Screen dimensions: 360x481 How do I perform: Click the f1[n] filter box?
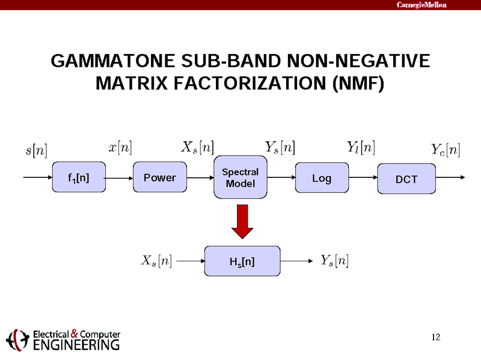pos(79,177)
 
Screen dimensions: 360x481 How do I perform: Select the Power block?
pos(159,177)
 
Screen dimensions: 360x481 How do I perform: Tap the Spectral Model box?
pos(240,178)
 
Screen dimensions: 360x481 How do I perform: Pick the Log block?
pos(322,178)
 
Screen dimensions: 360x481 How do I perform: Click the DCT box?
pos(406,179)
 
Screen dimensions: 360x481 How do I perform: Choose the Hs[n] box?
pos(242,261)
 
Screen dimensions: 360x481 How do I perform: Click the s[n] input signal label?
pos(36,149)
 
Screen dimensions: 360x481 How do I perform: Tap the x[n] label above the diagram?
pos(120,147)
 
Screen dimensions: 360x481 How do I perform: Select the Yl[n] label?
pos(361,147)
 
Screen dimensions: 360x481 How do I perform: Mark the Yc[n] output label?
pos(446,149)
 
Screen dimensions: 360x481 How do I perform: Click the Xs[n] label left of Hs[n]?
pos(156,261)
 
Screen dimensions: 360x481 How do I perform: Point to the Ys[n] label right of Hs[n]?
pos(334,261)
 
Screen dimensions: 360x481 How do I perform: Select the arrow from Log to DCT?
pos(362,178)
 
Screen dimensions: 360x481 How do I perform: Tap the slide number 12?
pos(437,336)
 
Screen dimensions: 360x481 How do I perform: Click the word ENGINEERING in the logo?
pos(76,345)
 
